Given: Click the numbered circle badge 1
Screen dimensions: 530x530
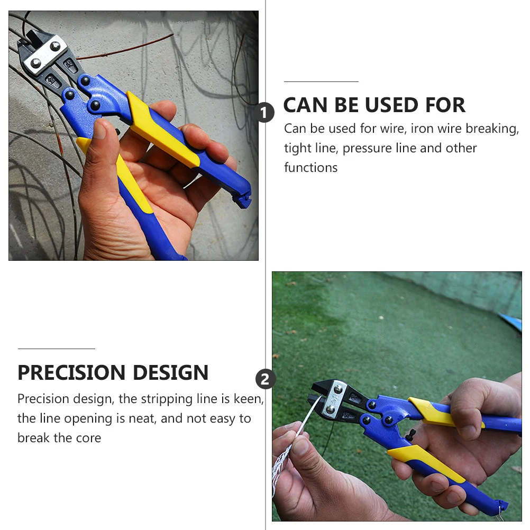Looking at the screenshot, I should (x=265, y=113).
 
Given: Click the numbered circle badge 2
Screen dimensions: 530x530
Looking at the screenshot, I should (x=265, y=379).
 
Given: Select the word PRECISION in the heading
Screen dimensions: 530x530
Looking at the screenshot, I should (x=72, y=373).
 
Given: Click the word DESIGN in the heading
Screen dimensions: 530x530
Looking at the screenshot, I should (x=170, y=373).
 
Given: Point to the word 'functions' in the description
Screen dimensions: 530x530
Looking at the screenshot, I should (x=310, y=168).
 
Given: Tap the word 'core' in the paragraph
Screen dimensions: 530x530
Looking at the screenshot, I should (x=88, y=437).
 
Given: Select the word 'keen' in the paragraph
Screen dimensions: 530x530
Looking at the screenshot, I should (x=248, y=399).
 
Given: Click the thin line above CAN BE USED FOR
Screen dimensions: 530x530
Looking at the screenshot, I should (x=321, y=82).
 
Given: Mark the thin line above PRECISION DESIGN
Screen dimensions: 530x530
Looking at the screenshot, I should (x=56, y=349).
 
